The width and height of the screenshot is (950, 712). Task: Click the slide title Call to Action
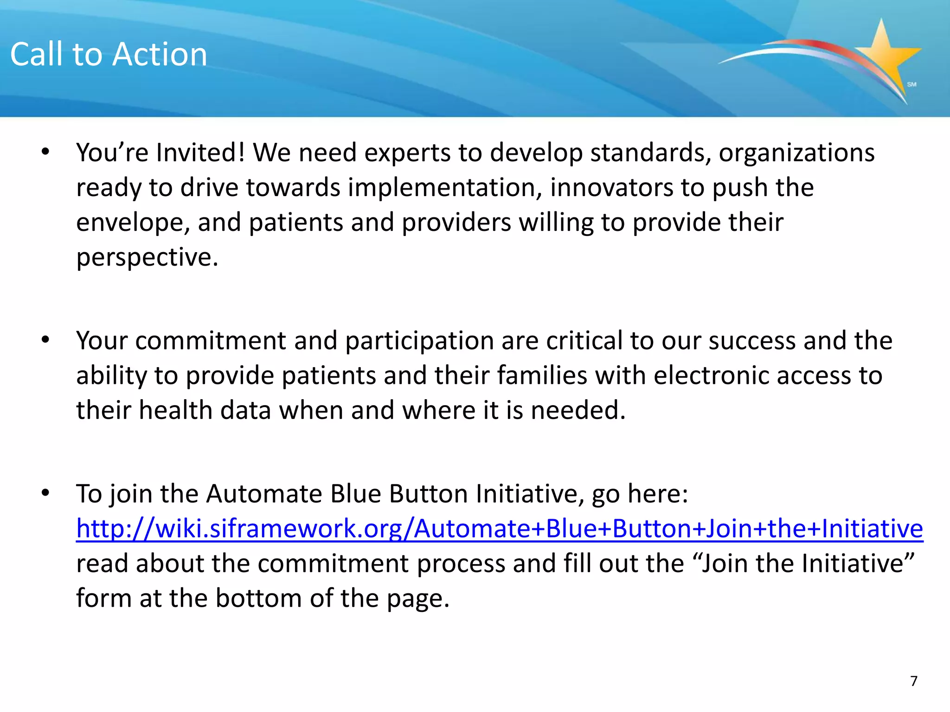coord(109,54)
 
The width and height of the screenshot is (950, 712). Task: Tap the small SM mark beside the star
coord(911,84)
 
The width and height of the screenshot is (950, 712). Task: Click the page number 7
coord(913,681)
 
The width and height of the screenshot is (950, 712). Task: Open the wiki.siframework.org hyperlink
coord(499,529)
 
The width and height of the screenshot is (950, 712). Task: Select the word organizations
coord(796,153)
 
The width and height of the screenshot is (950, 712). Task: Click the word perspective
coord(147,258)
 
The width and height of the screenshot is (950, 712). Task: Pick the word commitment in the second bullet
coord(211,341)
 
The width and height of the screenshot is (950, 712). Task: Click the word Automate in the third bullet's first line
coord(263,494)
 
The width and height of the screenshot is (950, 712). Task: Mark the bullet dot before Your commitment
coord(45,340)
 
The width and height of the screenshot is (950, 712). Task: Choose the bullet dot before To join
coord(45,493)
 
